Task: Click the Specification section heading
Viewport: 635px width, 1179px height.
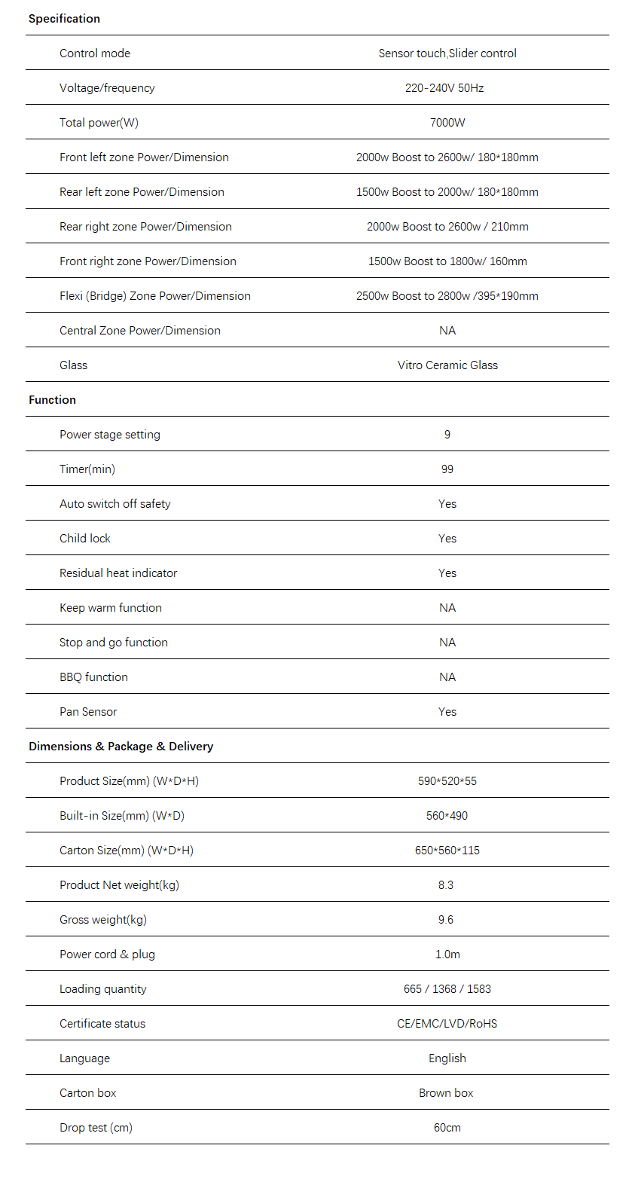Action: [x=64, y=19]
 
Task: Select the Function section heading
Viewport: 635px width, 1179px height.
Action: [x=52, y=400]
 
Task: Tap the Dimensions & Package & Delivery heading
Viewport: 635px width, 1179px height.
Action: [x=121, y=747]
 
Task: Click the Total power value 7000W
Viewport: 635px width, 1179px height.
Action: [x=447, y=123]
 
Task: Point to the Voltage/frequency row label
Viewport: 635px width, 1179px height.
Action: [x=107, y=88]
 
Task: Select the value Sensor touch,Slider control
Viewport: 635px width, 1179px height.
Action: [x=447, y=53]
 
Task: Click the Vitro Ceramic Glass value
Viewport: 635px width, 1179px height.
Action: [x=447, y=365]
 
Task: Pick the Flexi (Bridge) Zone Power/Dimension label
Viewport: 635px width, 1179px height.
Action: [x=155, y=296]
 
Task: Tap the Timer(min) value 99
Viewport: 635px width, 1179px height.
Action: [x=447, y=469]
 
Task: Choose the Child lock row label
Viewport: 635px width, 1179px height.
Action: [x=85, y=539]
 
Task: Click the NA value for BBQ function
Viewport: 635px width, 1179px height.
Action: [x=447, y=677]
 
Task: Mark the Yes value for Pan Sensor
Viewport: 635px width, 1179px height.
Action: [x=447, y=712]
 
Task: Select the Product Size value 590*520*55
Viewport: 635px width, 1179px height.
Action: [x=447, y=781]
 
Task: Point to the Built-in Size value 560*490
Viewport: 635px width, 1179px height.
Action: [x=447, y=816]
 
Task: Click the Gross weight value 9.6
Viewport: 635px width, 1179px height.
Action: [x=446, y=920]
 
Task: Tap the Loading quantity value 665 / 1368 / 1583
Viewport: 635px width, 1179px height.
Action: [x=447, y=989]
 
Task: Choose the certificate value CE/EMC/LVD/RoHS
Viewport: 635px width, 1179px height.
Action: [x=447, y=1024]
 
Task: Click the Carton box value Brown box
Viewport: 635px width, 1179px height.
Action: [x=446, y=1093]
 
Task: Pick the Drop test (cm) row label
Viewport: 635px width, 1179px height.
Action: [x=96, y=1128]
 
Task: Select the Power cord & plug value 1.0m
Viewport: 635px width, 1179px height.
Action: [x=447, y=955]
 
